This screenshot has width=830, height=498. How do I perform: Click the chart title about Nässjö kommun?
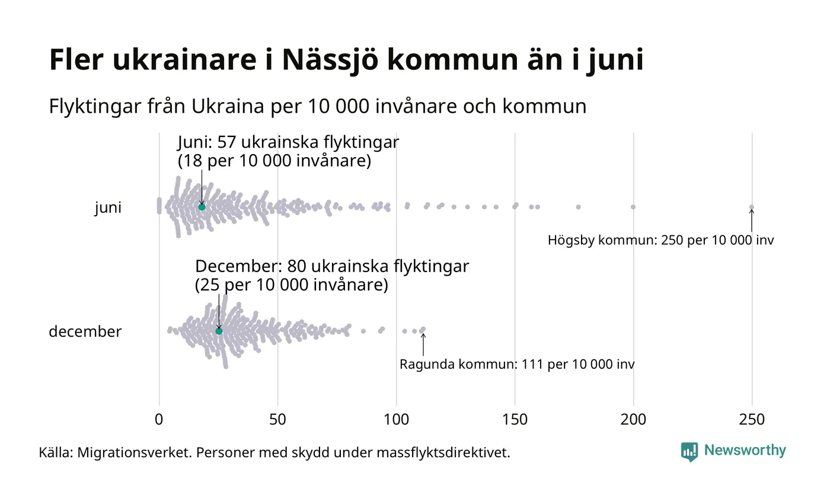346,60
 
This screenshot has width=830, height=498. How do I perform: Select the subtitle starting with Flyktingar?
317,107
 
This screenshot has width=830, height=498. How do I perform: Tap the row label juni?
108,207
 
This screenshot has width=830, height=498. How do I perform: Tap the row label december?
85,331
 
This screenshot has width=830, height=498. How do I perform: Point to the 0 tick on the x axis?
159,420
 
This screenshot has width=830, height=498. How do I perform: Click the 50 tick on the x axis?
277,420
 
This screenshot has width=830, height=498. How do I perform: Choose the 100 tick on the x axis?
396,420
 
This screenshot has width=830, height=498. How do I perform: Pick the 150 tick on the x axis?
515,420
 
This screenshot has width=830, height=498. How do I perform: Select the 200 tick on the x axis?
633,420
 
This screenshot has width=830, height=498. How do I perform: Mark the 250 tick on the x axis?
752,420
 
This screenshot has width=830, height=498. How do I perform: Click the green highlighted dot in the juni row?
202,207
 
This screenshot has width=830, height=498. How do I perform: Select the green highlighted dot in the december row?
219,331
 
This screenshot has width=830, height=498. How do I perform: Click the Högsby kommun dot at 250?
752,207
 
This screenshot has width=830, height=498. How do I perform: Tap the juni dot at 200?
633,207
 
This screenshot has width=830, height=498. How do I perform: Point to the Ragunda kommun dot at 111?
423,329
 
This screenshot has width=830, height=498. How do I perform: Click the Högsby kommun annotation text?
660,241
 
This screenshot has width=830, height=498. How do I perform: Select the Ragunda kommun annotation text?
517,365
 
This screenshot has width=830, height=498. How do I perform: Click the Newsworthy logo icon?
689,452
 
